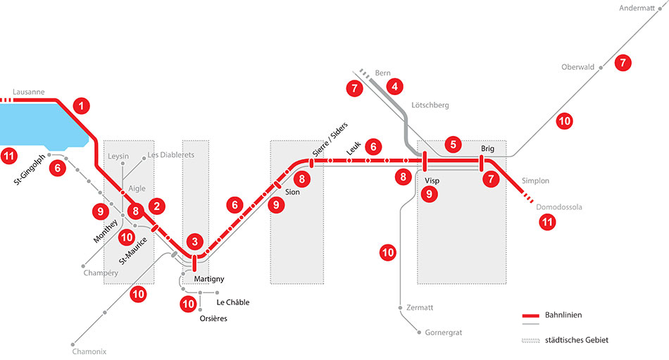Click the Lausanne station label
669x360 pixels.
(29, 92)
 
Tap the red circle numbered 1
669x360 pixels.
(83, 106)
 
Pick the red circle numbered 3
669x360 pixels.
(195, 241)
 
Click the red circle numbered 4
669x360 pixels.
(396, 87)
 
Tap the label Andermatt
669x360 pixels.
(637, 8)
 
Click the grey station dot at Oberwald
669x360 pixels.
(601, 68)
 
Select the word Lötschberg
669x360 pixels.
(430, 105)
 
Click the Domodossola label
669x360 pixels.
(559, 208)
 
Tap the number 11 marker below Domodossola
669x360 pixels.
(547, 223)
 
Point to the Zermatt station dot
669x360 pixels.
(400, 308)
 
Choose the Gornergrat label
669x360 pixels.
(444, 333)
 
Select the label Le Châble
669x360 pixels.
(232, 303)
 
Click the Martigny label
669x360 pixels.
(208, 280)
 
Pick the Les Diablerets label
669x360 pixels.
(170, 155)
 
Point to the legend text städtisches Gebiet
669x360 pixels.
(576, 340)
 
